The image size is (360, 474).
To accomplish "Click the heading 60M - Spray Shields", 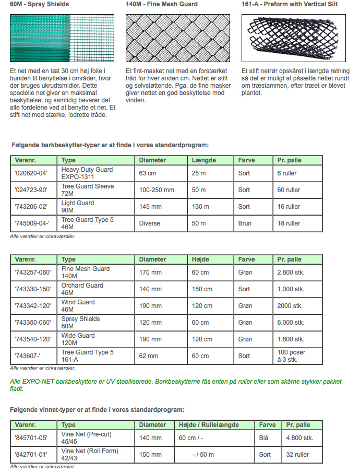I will click(39, 4).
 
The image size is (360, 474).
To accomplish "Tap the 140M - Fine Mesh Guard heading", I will click(162, 4).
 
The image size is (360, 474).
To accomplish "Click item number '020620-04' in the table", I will click(31, 173).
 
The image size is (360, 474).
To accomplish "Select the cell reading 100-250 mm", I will click(157, 190).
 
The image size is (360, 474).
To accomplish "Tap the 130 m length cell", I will click(199, 207).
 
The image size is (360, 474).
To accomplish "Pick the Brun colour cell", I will click(245, 223).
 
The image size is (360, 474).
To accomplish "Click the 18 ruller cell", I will click(289, 223).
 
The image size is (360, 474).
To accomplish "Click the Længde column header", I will click(203, 160).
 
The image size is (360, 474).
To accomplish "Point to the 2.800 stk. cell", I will click(291, 272).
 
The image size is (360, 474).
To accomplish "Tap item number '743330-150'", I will click(33, 289).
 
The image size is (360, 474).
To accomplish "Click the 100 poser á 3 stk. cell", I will click(292, 356).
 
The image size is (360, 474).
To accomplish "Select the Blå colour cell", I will click(264, 437).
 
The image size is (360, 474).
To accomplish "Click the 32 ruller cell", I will click(297, 454).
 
